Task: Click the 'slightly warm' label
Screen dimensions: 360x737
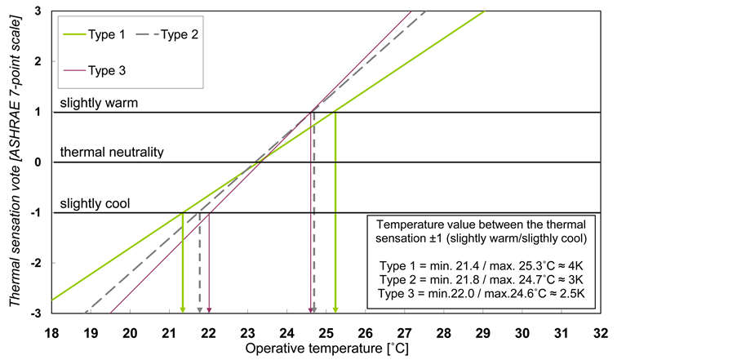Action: pos(99,104)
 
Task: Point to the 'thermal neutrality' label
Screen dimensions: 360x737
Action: pos(112,153)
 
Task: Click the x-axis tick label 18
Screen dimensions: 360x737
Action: pos(51,333)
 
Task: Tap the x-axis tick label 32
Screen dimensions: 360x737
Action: pos(600,333)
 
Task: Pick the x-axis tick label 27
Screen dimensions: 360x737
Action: pos(404,333)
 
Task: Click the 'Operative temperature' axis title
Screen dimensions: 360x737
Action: pos(326,349)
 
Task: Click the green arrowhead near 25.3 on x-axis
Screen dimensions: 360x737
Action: pos(335,309)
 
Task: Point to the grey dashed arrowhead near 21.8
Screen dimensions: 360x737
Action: pos(200,309)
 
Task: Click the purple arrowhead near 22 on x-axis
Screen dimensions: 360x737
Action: pos(210,309)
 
